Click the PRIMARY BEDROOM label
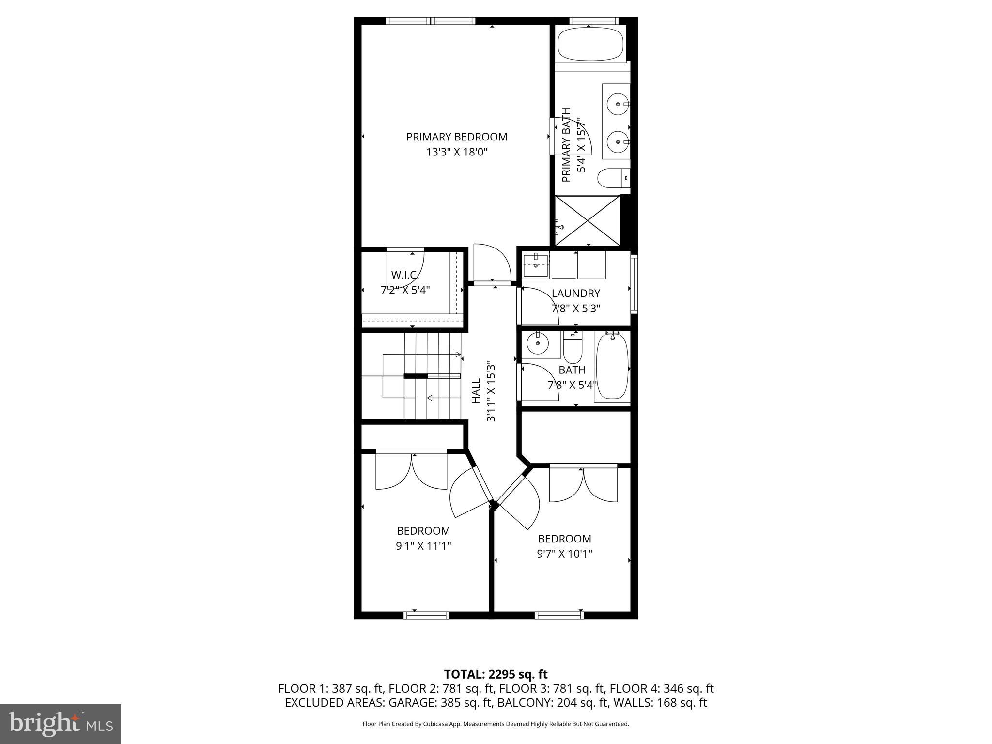point(456,137)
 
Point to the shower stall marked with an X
point(587,220)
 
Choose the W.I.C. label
point(405,275)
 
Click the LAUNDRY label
point(575,294)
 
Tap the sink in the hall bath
point(537,344)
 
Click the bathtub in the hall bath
point(612,367)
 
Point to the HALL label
point(477,391)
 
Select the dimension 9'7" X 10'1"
point(564,554)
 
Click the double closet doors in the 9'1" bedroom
point(412,472)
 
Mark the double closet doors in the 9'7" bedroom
point(583,484)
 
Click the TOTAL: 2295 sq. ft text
point(496,674)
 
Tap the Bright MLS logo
point(60,724)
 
